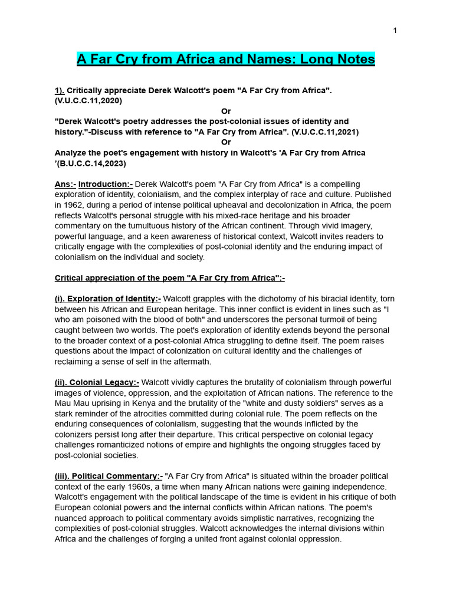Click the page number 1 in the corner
pos(395,31)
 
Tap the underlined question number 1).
pos(60,91)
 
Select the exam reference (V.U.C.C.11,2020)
pos(88,101)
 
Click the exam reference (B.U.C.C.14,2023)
pos(92,163)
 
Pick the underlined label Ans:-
pos(65,184)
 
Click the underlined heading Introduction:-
pos(106,184)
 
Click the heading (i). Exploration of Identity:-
pos(108,298)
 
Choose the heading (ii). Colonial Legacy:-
pos(97,382)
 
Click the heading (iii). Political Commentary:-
pos(109,476)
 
